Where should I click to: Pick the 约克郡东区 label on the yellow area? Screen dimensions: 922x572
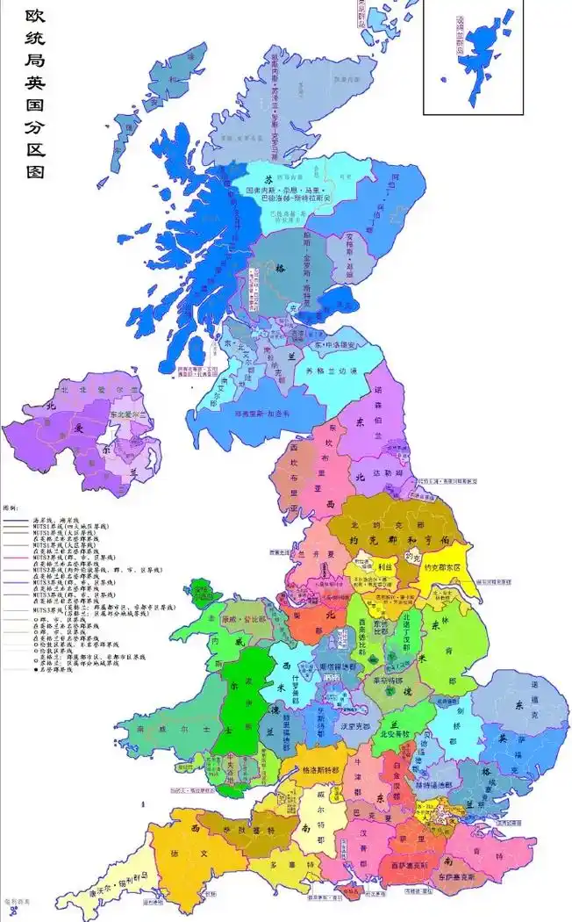click(447, 568)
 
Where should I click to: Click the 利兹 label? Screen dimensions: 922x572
click(383, 567)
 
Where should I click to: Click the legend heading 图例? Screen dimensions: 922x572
click(11, 508)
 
